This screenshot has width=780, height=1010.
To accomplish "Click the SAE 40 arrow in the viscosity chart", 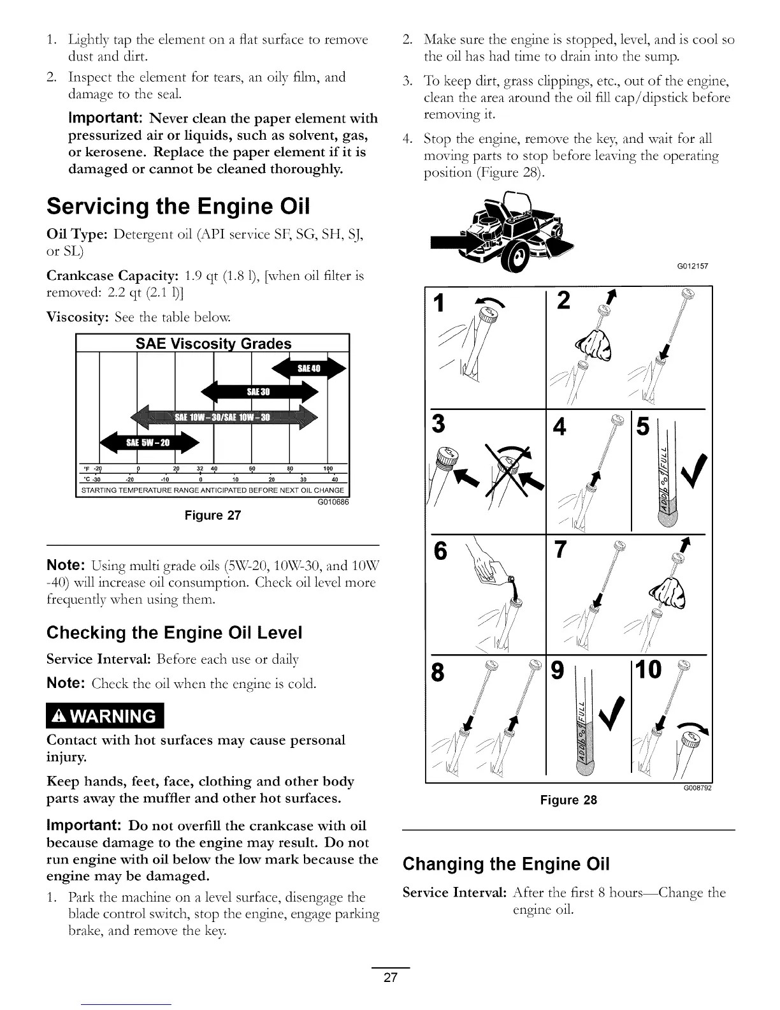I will (x=309, y=369).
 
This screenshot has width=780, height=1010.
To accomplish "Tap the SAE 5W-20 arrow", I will (x=149, y=443).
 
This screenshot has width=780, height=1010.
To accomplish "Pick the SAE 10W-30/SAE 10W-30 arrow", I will (x=223, y=418).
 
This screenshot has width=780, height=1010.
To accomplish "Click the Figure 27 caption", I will (x=212, y=515).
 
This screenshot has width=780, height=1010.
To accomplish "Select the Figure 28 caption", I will (x=568, y=800).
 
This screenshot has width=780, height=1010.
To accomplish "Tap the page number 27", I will (x=391, y=977).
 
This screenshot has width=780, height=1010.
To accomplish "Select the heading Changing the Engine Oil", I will (x=507, y=864).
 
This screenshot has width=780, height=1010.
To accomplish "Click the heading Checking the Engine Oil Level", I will (x=174, y=633).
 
